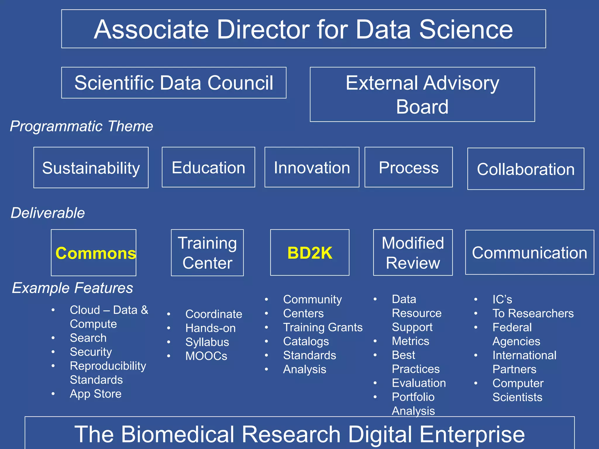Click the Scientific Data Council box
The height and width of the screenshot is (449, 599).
[174, 83]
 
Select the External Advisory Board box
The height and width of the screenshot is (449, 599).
[422, 94]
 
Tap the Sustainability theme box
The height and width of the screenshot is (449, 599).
[91, 167]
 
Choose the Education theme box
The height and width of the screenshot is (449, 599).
[208, 167]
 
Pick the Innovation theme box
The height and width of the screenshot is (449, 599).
[312, 167]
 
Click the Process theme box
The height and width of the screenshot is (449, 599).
[409, 167]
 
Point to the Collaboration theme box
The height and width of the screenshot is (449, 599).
[526, 169]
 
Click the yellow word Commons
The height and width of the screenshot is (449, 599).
[96, 253]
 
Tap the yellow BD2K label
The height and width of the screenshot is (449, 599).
[310, 253]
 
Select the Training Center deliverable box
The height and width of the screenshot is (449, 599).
[207, 253]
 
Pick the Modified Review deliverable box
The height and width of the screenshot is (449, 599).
[413, 253]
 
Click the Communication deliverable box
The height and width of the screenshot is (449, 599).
[529, 253]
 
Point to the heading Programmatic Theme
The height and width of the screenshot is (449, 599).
[82, 126]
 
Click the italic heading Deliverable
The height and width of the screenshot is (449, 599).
[48, 213]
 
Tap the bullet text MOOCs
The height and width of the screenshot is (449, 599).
[206, 356]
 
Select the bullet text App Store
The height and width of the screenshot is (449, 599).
[96, 394]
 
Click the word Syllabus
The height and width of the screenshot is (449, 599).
[207, 342]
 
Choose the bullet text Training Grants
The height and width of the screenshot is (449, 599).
[323, 327]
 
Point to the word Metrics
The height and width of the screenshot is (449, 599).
[410, 341]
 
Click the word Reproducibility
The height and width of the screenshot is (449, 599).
[108, 366]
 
